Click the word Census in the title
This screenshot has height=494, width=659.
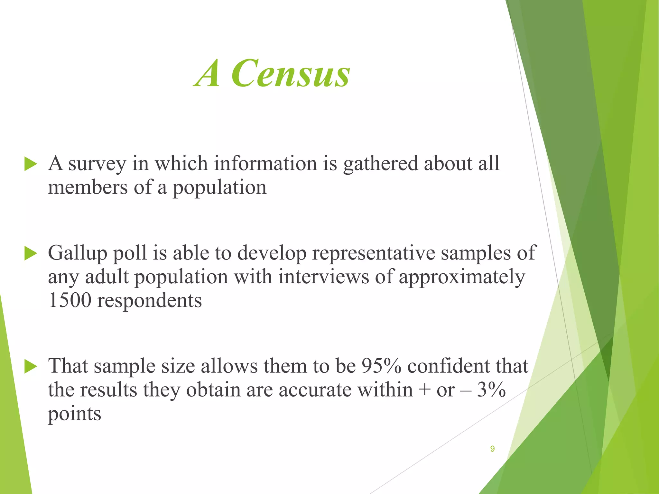click(291, 73)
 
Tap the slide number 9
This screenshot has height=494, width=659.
click(492, 449)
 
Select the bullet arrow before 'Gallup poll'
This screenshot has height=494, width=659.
click(31, 253)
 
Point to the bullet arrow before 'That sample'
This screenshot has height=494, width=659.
click(31, 367)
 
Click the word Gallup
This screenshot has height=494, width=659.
click(77, 253)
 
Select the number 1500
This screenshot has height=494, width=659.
click(70, 300)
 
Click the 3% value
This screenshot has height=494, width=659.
click(491, 390)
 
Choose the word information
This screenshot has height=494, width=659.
click(266, 163)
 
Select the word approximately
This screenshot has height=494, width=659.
click(462, 277)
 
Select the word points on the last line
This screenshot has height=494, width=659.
click(75, 414)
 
